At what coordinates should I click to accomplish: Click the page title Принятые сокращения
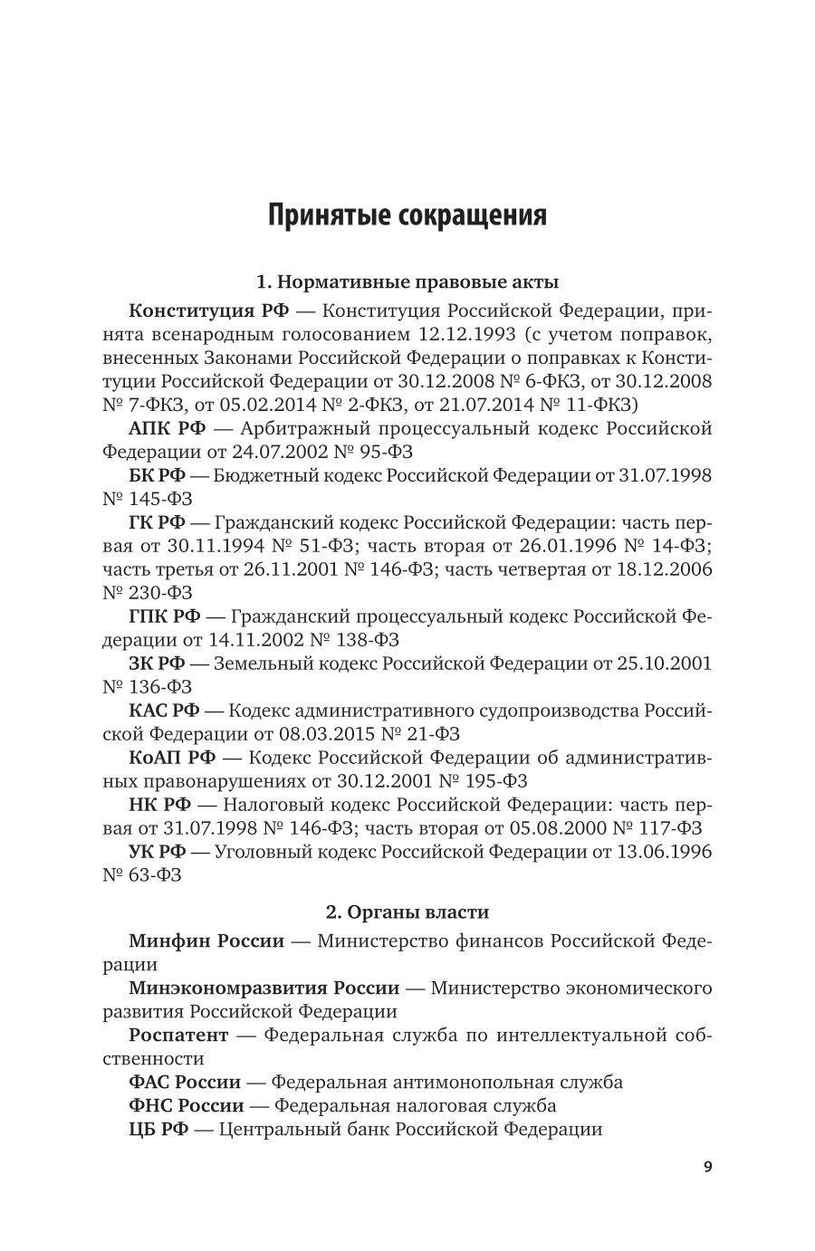click(407, 216)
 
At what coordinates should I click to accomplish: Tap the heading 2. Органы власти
click(407, 912)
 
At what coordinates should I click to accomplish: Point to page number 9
click(708, 1167)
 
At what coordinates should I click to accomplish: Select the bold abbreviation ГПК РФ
click(165, 616)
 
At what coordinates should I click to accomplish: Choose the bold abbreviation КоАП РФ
click(172, 758)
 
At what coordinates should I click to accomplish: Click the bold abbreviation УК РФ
click(157, 852)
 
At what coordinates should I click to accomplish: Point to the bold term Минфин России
click(206, 941)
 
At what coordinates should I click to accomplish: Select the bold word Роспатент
click(178, 1035)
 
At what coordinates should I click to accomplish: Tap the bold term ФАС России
click(185, 1082)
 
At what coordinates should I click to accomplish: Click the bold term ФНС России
click(187, 1105)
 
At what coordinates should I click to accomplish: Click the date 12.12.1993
click(451, 334)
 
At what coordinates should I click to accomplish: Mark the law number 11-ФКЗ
click(604, 405)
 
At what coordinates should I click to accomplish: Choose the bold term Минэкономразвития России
click(264, 988)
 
